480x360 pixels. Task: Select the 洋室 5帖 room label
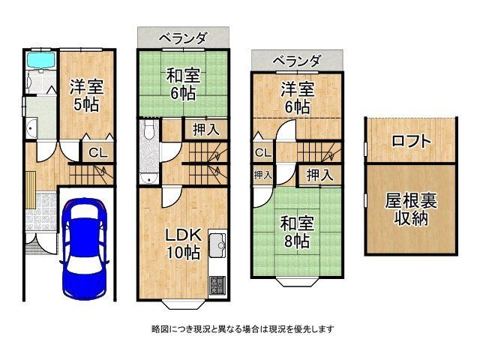87,95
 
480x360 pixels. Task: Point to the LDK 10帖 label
182,243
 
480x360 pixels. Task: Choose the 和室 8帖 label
295,232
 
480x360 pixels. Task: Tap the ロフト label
410,141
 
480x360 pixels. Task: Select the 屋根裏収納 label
411,209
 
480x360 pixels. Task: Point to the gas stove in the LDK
217,285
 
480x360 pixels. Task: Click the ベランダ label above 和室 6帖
183,37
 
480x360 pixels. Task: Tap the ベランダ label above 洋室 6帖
296,60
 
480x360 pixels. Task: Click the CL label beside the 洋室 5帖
97,153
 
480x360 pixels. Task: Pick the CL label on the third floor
262,153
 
